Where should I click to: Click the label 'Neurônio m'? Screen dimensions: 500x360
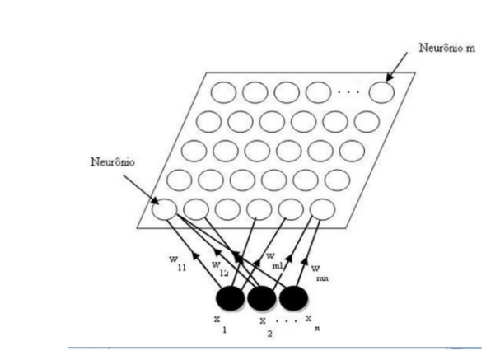click(x=446, y=48)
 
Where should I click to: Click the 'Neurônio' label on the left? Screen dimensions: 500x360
click(x=113, y=161)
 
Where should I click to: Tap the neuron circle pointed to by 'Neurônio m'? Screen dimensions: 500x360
click(x=381, y=92)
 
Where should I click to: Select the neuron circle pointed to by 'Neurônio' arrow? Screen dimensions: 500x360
click(x=164, y=209)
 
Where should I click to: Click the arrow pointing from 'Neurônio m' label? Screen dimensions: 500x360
click(x=397, y=67)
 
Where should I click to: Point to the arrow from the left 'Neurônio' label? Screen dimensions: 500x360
click(x=141, y=189)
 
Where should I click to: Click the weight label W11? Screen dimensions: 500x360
click(x=178, y=264)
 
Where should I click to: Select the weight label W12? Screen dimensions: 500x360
click(x=220, y=269)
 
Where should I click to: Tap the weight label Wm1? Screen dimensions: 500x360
click(x=274, y=261)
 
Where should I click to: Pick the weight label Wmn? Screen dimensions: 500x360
click(x=320, y=274)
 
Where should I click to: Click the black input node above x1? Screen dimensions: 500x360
click(x=230, y=298)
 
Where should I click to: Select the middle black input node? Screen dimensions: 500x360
click(x=261, y=298)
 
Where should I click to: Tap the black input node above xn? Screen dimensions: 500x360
click(x=294, y=298)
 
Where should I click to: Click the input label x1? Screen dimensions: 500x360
click(x=221, y=325)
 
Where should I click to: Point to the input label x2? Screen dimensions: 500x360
click(x=266, y=327)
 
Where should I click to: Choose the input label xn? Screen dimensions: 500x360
click(x=312, y=323)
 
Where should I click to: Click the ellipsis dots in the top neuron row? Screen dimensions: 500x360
click(x=348, y=92)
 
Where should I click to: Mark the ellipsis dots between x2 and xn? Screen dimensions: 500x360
click(x=287, y=320)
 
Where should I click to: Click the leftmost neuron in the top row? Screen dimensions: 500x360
click(x=223, y=92)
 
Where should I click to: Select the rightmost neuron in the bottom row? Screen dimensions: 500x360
click(x=322, y=209)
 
